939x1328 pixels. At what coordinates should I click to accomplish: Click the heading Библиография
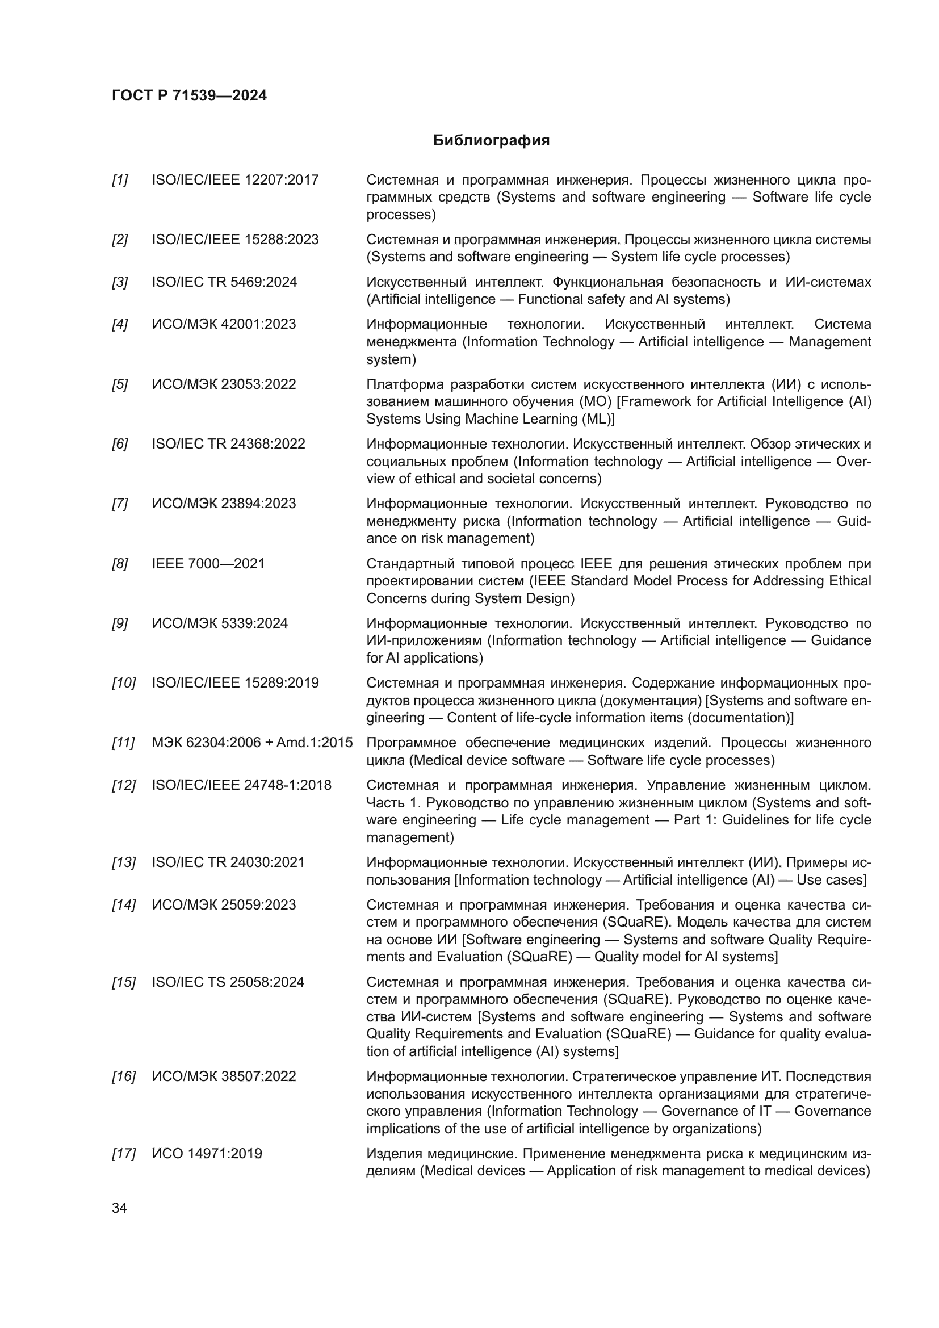[491, 141]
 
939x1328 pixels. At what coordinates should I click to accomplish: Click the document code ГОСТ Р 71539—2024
[189, 95]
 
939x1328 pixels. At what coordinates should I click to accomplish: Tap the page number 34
[119, 1208]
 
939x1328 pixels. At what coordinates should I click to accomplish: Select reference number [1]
[120, 181]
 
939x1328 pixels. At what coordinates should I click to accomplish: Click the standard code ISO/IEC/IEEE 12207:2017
[235, 180]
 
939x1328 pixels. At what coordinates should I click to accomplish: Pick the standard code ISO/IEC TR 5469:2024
[224, 282]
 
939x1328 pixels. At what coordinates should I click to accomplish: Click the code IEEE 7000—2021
[208, 563]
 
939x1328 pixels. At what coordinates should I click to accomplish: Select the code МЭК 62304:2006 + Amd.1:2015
[252, 743]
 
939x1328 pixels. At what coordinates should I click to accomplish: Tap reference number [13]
[123, 862]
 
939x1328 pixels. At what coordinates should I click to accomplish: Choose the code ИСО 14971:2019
[207, 1153]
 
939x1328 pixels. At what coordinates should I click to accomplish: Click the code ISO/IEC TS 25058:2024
[228, 982]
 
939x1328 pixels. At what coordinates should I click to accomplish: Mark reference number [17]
[123, 1154]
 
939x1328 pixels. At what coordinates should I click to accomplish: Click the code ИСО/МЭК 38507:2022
[224, 1076]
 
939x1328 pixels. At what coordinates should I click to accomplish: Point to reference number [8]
[120, 564]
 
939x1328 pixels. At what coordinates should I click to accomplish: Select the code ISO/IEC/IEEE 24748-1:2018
[242, 785]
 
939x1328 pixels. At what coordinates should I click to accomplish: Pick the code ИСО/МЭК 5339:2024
[220, 623]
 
